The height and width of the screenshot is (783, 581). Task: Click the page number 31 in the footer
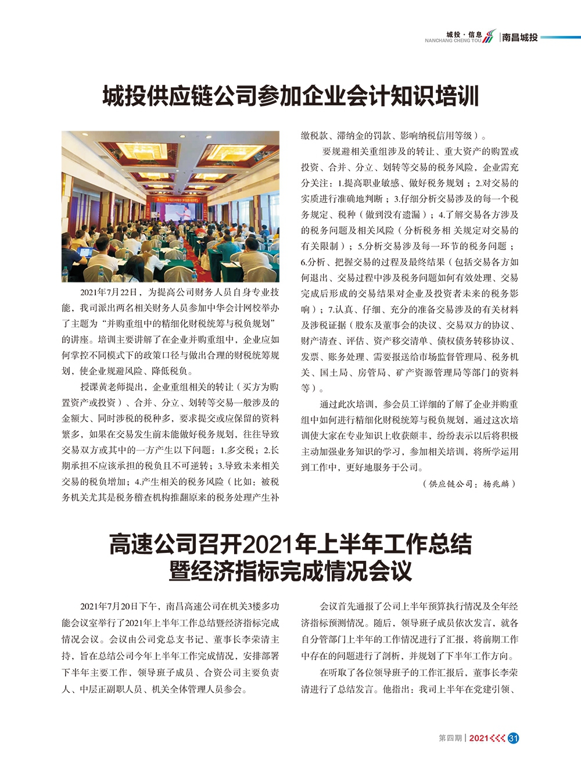513,738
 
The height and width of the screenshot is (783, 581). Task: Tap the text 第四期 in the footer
450,738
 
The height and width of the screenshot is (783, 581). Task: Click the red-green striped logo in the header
490,36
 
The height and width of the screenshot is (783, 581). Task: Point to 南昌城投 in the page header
520,37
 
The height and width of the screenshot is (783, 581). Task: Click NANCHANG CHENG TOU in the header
453,41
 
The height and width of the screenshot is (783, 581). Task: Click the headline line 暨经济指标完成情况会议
290,571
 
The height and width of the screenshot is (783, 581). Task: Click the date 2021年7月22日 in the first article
109,292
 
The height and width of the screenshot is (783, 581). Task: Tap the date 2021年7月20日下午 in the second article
119,606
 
